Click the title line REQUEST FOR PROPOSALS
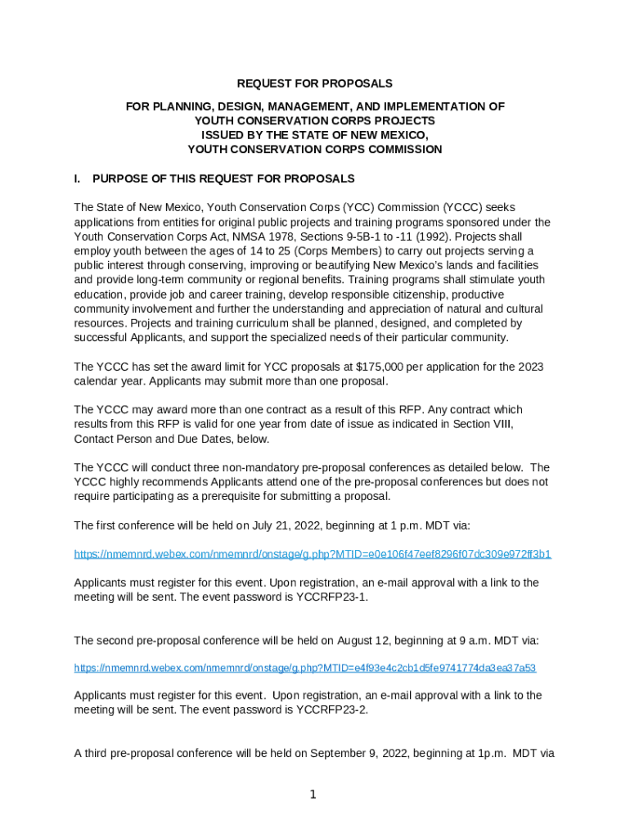click(314, 83)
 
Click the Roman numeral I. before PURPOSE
click(79, 179)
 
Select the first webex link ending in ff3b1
click(313, 554)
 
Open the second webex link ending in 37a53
click(304, 668)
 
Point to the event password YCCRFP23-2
click(332, 710)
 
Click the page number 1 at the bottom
click(313, 795)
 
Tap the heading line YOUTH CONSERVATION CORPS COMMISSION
click(314, 150)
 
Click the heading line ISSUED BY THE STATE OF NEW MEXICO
click(314, 135)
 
